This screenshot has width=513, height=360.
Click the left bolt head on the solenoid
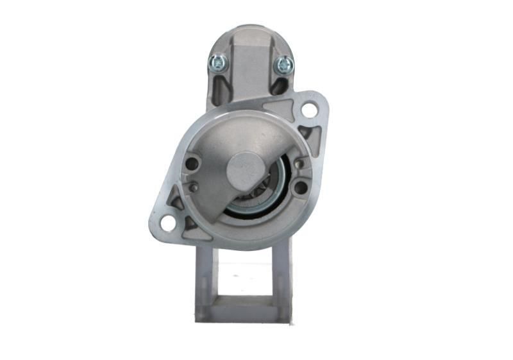point(217,63)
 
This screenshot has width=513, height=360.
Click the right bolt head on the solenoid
point(283,65)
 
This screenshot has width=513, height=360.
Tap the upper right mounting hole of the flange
point(309,110)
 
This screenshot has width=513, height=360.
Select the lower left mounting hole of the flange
point(168,223)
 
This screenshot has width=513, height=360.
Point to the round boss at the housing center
point(247,170)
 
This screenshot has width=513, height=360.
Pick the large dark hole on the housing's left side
point(191,164)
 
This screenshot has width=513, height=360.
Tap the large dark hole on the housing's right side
point(299,187)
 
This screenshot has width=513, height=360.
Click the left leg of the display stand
point(205,282)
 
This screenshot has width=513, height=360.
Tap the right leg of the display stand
point(283,282)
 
